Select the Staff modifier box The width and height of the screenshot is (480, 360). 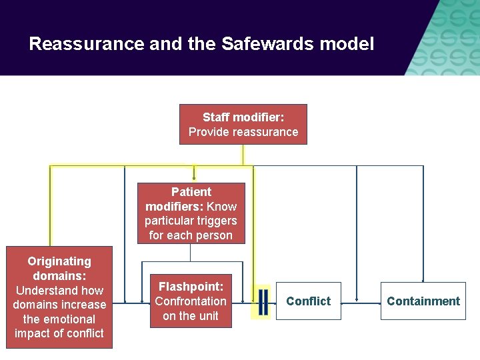pyautogui.click(x=243, y=124)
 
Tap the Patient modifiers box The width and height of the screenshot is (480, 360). pyautogui.click(x=191, y=213)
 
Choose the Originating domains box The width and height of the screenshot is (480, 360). pyautogui.click(x=59, y=297)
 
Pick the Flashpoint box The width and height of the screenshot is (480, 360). pyautogui.click(x=191, y=301)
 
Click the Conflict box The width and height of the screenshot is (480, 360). pyautogui.click(x=308, y=301)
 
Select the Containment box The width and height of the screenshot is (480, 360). pyautogui.click(x=423, y=301)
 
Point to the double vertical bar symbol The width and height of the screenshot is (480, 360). pyautogui.click(x=263, y=301)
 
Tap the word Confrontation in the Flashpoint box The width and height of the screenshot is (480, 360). pyautogui.click(x=191, y=301)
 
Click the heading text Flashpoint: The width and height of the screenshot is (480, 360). pyautogui.click(x=191, y=287)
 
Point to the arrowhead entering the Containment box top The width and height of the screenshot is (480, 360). pyautogui.click(x=423, y=280)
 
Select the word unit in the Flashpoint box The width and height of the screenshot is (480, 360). pyautogui.click(x=208, y=316)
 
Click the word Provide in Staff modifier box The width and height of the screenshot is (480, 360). pyautogui.click(x=207, y=132)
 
